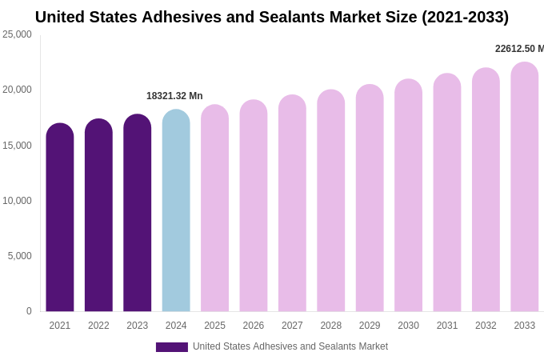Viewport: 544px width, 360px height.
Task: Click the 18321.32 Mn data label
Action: click(174, 96)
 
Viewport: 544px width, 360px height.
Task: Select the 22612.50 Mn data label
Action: click(519, 49)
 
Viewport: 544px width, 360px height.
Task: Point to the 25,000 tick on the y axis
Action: click(17, 34)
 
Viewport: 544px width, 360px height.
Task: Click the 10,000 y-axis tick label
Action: click(17, 201)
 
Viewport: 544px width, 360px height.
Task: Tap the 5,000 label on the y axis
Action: click(19, 256)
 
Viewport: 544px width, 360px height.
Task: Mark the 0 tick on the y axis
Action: click(29, 311)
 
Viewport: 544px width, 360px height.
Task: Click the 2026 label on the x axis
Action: click(254, 326)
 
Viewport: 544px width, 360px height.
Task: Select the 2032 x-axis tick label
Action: click(486, 326)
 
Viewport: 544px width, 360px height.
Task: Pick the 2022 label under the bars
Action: click(98, 326)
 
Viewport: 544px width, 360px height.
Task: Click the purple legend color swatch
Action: click(172, 347)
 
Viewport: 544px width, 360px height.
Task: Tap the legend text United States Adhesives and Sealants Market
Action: click(290, 346)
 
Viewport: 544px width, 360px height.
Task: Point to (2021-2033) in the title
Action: click(465, 17)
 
